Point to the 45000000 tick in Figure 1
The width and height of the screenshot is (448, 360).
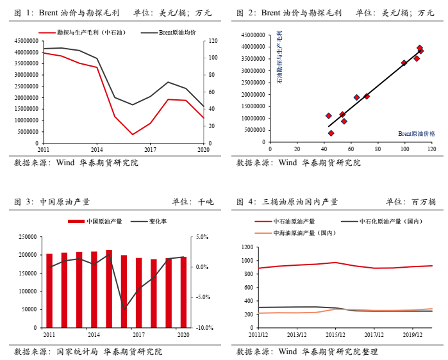(x=24, y=41)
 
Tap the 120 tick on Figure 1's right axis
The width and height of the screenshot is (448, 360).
(x=210, y=41)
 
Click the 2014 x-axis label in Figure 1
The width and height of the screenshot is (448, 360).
(x=96, y=149)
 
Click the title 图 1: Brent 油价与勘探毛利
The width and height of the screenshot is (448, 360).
(x=68, y=13)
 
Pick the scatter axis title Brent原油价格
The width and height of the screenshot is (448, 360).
(x=416, y=133)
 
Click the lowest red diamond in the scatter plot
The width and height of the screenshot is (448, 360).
(x=331, y=133)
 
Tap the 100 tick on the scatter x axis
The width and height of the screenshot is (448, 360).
(x=404, y=149)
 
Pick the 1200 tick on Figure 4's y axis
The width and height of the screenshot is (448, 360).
(x=247, y=247)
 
